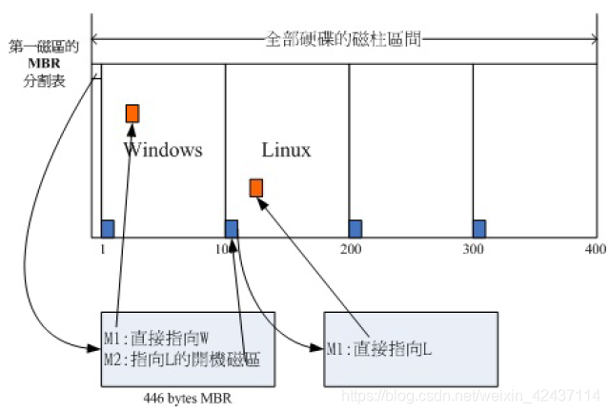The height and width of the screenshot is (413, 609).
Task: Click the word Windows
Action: coord(163,150)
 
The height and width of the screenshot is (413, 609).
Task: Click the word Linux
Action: coord(286,150)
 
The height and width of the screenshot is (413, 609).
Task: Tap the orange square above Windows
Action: coord(132,114)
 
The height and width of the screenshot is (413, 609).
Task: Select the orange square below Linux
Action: coord(255,187)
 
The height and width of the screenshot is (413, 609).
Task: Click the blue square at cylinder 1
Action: coord(108,228)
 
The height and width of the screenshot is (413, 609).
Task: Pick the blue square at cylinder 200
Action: coord(355,228)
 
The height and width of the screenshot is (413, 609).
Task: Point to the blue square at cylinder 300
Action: coord(478,228)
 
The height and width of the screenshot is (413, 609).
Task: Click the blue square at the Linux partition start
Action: coord(231,228)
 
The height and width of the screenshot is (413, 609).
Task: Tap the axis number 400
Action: coord(596,248)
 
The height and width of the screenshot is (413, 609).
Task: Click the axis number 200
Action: coord(351,248)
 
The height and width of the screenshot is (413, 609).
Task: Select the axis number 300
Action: coord(475,248)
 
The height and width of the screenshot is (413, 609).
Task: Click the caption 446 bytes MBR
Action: coord(188,399)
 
